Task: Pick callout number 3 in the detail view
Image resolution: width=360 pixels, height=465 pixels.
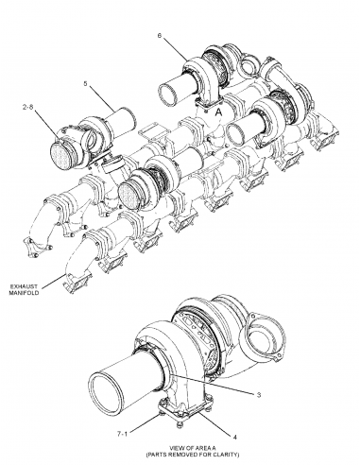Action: click(x=258, y=392)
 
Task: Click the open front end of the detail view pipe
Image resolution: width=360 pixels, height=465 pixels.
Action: click(x=111, y=388)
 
